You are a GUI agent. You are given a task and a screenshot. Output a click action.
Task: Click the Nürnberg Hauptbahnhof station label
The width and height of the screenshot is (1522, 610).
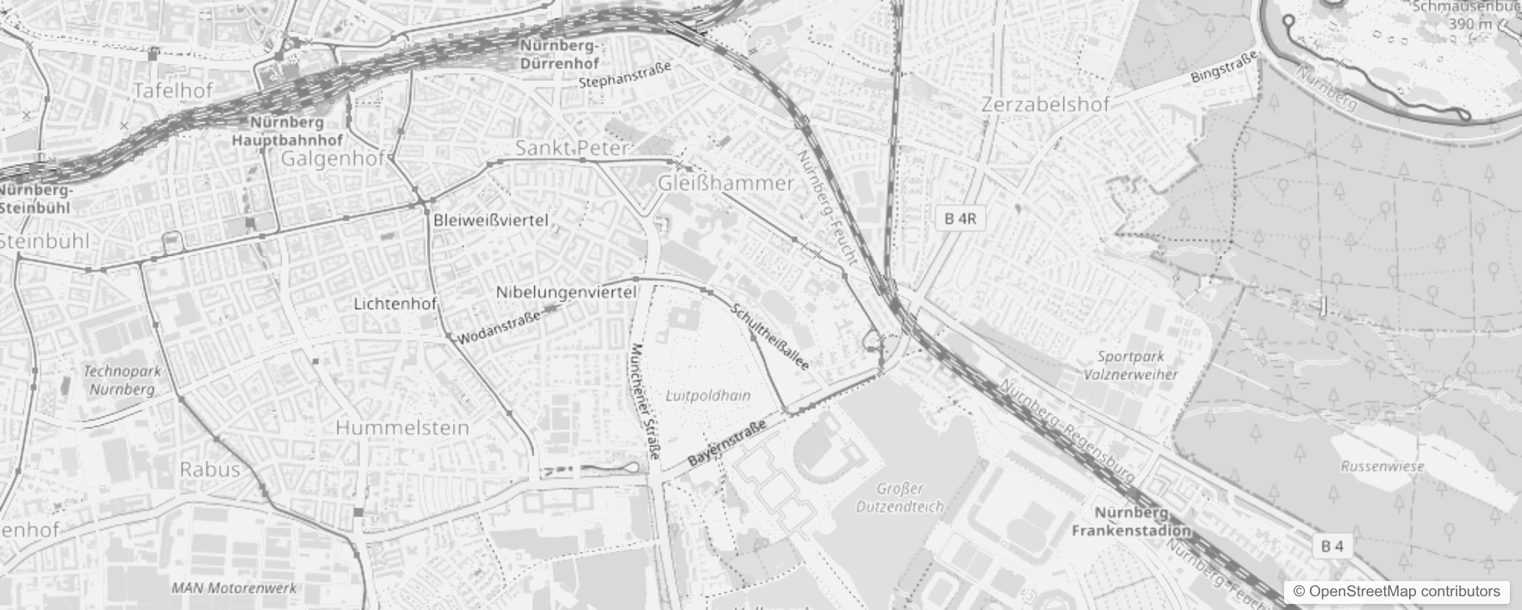pyautogui.click(x=287, y=131)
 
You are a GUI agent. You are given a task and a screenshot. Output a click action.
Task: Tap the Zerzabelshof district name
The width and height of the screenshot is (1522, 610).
pyautogui.click(x=1045, y=104)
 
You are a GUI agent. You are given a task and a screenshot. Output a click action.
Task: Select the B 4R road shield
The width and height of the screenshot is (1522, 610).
pyautogui.click(x=960, y=219)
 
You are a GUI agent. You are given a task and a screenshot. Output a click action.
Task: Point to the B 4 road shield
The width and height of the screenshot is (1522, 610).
pyautogui.click(x=1332, y=546)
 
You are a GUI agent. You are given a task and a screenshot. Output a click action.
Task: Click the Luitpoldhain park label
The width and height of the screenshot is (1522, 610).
pyautogui.click(x=708, y=396)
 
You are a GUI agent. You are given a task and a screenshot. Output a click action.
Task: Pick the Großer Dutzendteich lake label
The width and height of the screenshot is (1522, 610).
pyautogui.click(x=899, y=497)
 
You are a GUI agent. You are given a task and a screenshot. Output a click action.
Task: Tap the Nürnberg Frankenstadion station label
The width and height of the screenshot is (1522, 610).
pyautogui.click(x=1131, y=522)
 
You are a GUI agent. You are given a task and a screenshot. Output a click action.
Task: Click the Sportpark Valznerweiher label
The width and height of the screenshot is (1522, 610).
pyautogui.click(x=1132, y=365)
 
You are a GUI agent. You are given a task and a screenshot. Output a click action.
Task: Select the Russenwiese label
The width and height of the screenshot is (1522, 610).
pyautogui.click(x=1382, y=466)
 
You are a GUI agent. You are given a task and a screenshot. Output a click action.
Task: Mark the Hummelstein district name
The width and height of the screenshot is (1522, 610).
pyautogui.click(x=402, y=428)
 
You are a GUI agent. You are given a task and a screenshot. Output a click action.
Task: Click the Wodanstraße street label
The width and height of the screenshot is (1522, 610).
pyautogui.click(x=500, y=326)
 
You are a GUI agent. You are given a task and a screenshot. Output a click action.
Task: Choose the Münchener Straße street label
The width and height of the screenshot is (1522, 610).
pyautogui.click(x=645, y=402)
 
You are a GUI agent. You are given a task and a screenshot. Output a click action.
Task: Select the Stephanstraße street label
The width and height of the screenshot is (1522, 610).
pyautogui.click(x=625, y=74)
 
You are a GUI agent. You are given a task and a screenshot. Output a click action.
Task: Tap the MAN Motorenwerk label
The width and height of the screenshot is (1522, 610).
pyautogui.click(x=233, y=588)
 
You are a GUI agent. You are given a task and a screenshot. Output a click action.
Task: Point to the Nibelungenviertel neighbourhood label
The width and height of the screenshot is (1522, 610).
pyautogui.click(x=566, y=292)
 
